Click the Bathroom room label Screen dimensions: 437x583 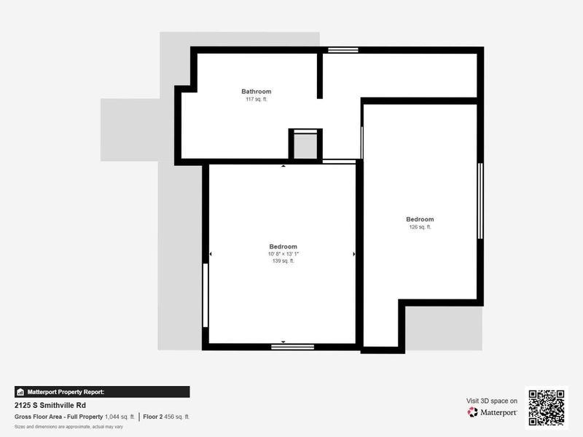(257, 92)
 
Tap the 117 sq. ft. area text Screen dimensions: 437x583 (257, 99)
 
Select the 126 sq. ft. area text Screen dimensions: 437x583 (420, 227)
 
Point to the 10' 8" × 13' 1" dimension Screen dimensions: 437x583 (283, 253)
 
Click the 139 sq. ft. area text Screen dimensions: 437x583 (283, 261)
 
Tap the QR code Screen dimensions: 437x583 (546, 408)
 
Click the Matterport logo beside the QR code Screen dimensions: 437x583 (493, 412)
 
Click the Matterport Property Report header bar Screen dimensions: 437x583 (102, 392)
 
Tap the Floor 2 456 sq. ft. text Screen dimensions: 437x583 (166, 417)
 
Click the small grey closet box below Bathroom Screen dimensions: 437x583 (305, 145)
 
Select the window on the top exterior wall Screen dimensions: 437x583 (343, 50)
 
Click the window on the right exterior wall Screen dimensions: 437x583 (480, 201)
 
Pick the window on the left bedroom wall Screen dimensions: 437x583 (206, 295)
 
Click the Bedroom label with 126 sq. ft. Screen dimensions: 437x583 (420, 219)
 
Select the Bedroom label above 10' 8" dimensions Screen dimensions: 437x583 (283, 246)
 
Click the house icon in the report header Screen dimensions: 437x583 (20, 392)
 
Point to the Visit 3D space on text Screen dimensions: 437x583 (492, 401)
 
